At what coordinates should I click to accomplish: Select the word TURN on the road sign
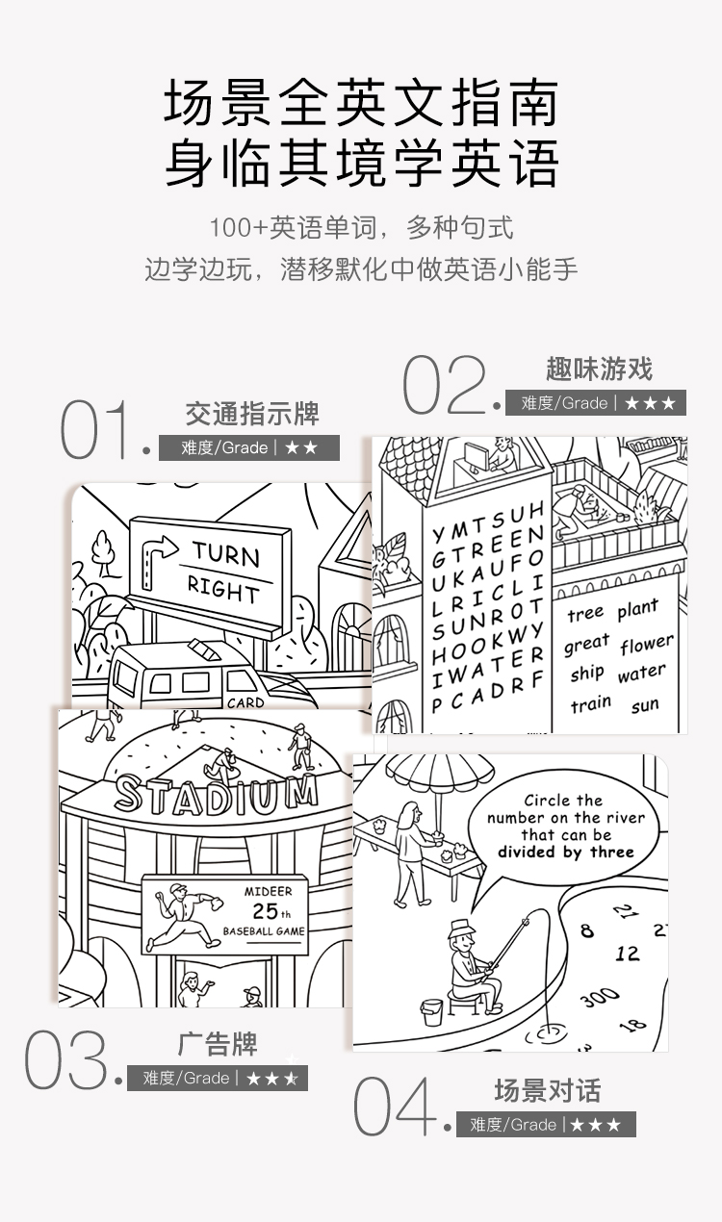click(225, 554)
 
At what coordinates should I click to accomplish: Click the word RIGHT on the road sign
click(222, 589)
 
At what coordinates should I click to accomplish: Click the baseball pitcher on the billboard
click(183, 913)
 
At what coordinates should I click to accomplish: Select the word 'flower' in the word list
click(646, 644)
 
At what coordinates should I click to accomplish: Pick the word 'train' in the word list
click(590, 705)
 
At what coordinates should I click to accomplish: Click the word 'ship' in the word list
click(586, 674)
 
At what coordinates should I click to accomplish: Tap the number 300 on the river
click(600, 998)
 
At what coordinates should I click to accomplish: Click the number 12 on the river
click(628, 954)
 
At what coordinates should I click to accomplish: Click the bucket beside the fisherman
click(432, 1011)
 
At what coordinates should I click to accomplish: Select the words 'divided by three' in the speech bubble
click(565, 852)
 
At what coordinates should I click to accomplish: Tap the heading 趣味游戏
click(599, 369)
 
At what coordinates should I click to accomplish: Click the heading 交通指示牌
click(252, 415)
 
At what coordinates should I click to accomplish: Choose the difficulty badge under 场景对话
click(546, 1125)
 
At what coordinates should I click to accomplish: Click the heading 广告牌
click(218, 1043)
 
